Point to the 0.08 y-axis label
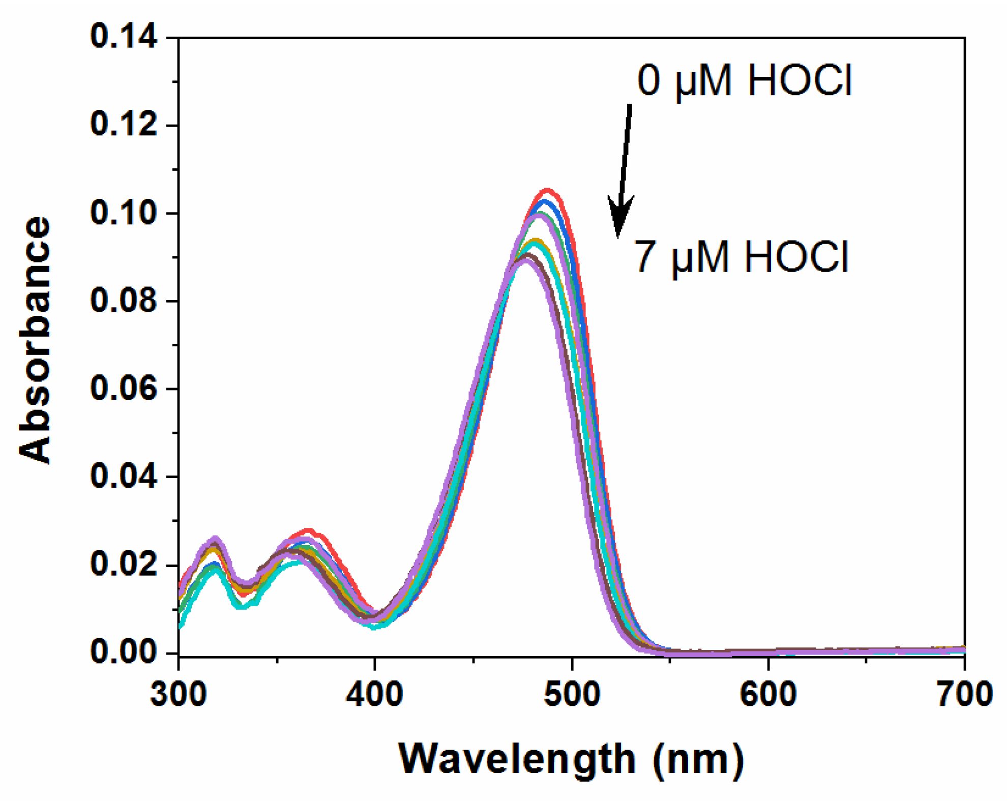point(124,301)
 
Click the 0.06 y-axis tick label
point(124,389)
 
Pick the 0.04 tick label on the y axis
point(124,477)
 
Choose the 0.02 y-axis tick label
point(124,565)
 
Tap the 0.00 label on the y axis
point(124,652)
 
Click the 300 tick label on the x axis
point(179,694)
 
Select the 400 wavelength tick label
point(375,694)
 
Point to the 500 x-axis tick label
point(572,694)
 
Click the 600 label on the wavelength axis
point(768,694)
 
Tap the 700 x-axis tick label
point(964,694)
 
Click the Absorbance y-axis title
point(35,340)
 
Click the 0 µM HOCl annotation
point(744,81)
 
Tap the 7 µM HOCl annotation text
point(741,257)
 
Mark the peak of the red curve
point(547,190)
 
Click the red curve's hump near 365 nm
point(308,530)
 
